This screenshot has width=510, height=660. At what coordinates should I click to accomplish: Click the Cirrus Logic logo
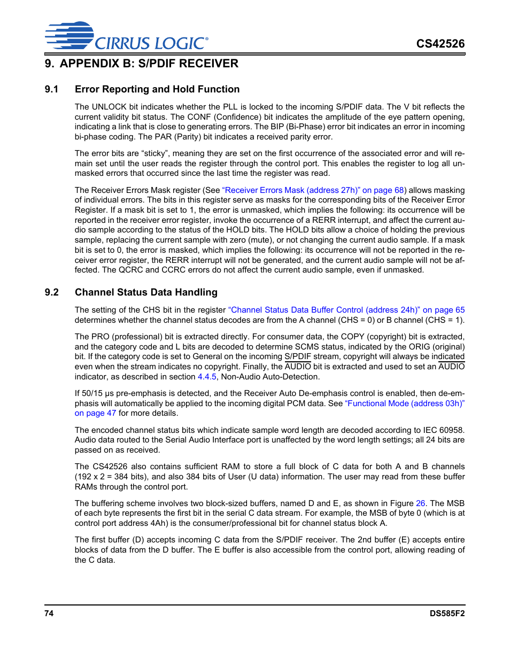click(126, 36)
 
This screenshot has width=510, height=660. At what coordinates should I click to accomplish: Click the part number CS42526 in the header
click(441, 44)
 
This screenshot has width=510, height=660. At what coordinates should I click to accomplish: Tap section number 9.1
click(51, 89)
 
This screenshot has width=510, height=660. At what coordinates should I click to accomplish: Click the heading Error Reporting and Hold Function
click(157, 89)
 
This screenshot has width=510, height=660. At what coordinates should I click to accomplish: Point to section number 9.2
click(51, 292)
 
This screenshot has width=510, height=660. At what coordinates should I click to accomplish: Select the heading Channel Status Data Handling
click(146, 292)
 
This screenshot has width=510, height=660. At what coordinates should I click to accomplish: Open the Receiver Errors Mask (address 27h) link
click(313, 190)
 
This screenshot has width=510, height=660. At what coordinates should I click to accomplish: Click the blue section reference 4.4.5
click(207, 377)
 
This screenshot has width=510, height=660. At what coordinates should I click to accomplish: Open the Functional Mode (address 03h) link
click(405, 403)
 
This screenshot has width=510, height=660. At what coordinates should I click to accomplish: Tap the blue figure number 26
click(420, 503)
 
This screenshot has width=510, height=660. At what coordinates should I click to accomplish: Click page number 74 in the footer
click(49, 614)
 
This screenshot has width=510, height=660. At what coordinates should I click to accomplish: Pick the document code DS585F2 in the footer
click(447, 614)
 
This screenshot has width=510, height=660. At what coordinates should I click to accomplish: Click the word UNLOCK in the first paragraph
click(109, 107)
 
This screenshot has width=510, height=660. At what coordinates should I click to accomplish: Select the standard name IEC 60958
click(441, 430)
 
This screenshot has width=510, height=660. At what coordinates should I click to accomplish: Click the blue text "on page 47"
click(95, 413)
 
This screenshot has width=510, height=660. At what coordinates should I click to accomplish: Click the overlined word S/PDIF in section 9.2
click(297, 356)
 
